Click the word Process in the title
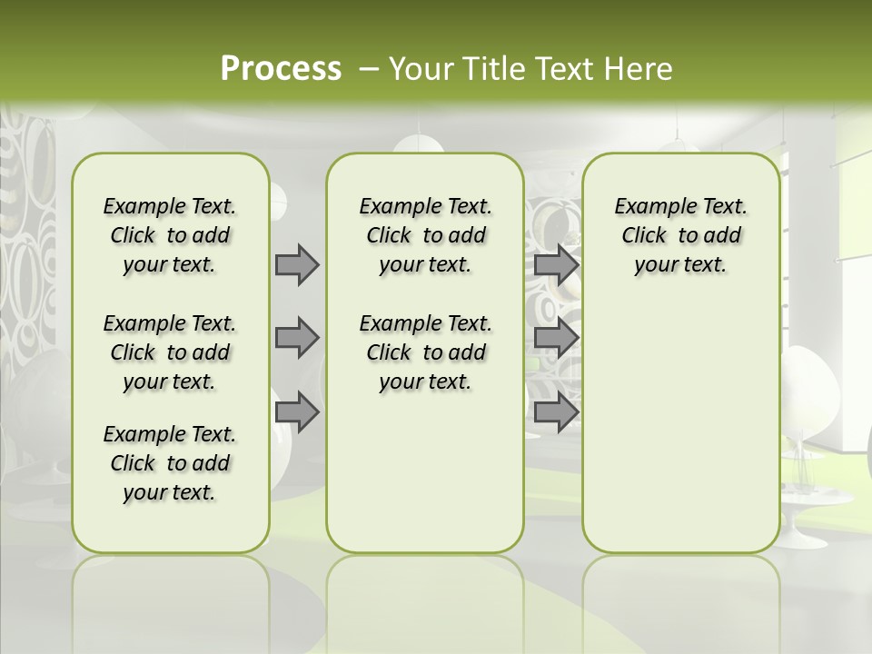281,69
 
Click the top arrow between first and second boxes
297,264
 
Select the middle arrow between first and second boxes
297,338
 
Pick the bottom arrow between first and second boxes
297,411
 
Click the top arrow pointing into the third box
556,264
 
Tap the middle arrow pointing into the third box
556,338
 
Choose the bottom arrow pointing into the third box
556,412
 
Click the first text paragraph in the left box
170,235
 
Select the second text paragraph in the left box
170,352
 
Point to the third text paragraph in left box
170,463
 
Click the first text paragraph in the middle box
425,235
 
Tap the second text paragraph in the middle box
425,352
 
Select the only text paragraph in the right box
680,235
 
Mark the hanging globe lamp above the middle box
418,145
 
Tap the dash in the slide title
371,69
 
